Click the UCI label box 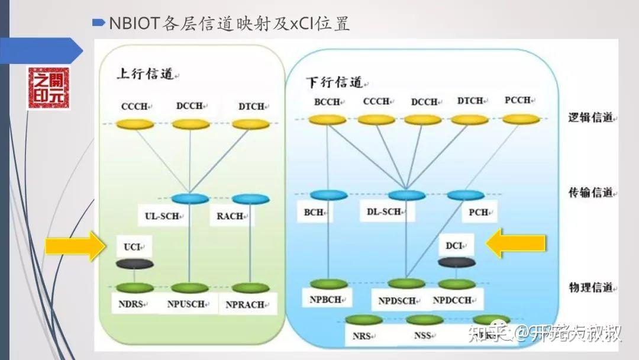coord(134,246)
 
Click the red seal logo coord(48,88)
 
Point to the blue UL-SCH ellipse coord(189,198)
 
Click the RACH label coord(231,216)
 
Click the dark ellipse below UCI coord(135,264)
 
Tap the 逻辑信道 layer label coord(592,118)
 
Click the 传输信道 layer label coord(592,193)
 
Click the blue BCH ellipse coord(328,195)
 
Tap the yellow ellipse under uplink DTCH coord(250,124)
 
